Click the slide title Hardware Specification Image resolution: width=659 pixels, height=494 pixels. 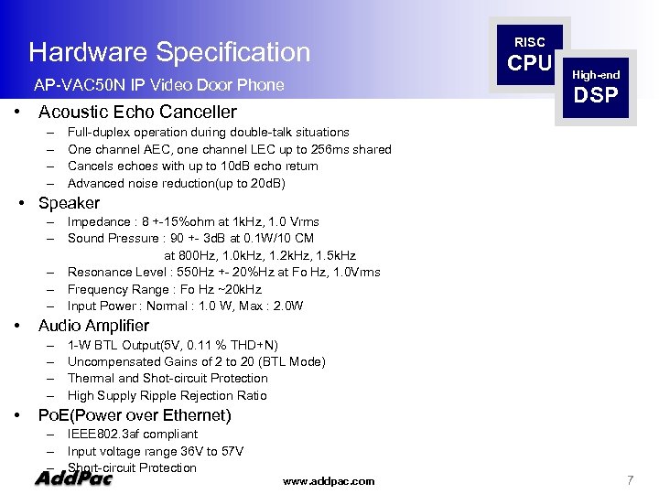click(169, 52)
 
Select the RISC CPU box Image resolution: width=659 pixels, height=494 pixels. click(530, 54)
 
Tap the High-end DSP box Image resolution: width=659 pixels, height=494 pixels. click(596, 86)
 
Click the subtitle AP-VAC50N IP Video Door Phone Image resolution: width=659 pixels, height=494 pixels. click(158, 86)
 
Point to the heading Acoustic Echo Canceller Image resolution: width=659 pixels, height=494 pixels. click(137, 113)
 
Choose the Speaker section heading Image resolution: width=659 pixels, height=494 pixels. click(69, 203)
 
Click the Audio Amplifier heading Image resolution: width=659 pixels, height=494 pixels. click(93, 326)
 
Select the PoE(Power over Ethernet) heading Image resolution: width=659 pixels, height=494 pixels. click(135, 415)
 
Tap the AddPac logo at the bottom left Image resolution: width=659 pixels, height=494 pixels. click(73, 478)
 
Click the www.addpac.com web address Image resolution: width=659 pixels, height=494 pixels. click(329, 480)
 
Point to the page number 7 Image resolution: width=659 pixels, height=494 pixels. click(630, 480)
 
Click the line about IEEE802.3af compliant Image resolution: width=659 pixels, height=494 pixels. click(133, 434)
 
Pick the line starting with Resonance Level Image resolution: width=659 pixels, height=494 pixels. click(224, 272)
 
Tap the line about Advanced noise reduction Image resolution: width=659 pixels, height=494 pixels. click(177, 183)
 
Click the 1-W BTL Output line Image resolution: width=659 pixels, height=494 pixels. click(173, 345)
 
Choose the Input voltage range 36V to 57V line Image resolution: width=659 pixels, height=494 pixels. click(156, 451)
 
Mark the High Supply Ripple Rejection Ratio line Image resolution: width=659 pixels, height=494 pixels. click(167, 395)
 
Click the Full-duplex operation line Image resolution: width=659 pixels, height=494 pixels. click(209, 132)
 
